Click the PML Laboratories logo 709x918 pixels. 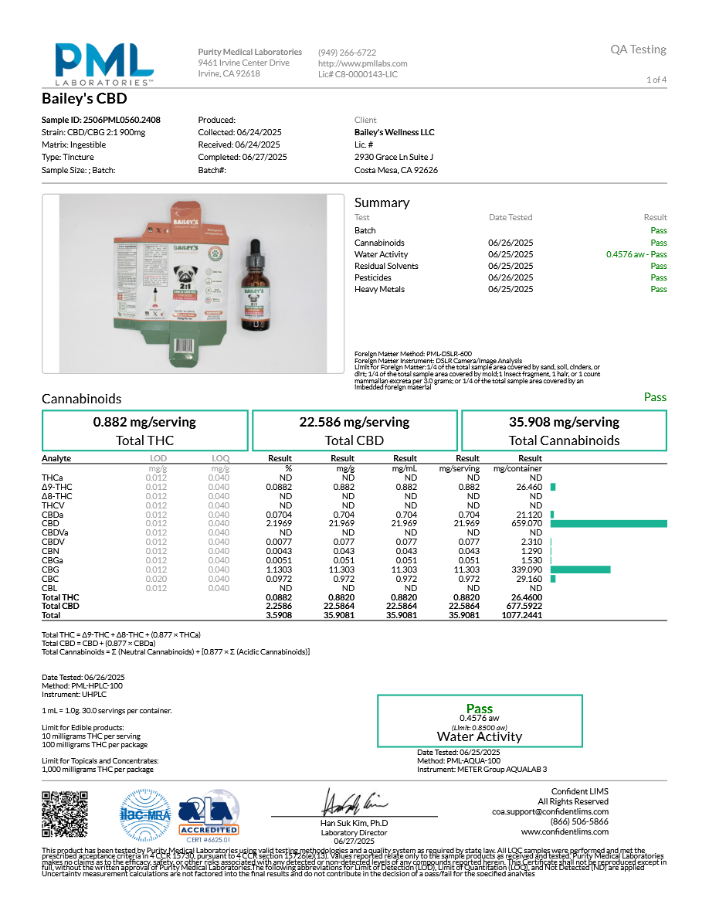103,63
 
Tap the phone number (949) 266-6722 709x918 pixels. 347,53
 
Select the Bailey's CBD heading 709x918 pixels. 84,100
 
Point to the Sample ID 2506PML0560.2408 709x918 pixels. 100,121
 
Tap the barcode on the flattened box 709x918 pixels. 185,347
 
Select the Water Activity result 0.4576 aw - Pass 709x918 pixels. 636,254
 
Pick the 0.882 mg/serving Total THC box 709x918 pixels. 144,431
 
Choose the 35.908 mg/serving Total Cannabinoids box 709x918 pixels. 564,431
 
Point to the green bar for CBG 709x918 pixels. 580,569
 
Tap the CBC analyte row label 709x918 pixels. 50,579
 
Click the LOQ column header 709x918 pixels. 220,458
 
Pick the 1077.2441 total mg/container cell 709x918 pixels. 520,616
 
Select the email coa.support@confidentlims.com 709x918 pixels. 550,811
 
